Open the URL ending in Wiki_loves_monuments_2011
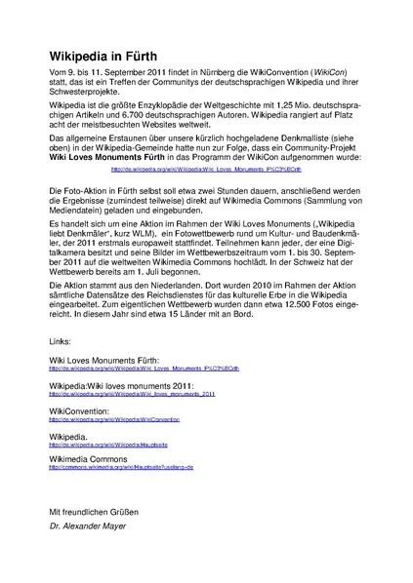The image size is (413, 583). tap(132, 395)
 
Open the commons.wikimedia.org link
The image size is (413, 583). tap(122, 468)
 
